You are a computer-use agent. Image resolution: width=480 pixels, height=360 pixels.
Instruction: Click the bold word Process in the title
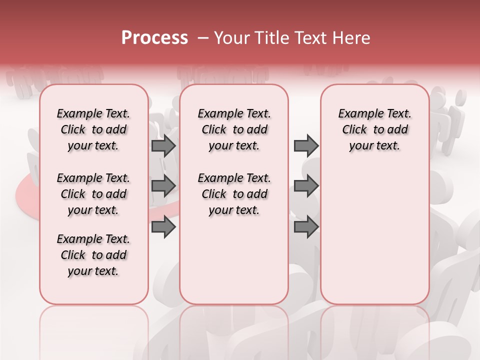(x=154, y=38)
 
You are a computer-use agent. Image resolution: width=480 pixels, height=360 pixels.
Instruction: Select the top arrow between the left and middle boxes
(x=163, y=145)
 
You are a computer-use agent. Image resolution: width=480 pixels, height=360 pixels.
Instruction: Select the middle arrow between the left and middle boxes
(x=163, y=186)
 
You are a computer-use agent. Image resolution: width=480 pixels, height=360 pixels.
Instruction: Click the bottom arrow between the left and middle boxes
(x=163, y=227)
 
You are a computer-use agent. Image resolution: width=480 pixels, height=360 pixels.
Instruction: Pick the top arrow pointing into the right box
(x=306, y=145)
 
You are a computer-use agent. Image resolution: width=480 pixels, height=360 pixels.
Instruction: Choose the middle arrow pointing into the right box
(x=306, y=186)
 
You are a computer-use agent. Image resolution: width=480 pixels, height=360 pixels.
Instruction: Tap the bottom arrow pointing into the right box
(x=306, y=227)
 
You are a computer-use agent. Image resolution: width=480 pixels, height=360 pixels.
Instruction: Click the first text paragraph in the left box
(x=93, y=129)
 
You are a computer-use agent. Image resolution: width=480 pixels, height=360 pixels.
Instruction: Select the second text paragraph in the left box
(x=93, y=194)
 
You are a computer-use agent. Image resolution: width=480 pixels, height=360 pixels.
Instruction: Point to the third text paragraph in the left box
(x=93, y=255)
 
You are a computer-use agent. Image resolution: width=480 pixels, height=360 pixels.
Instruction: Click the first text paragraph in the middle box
(x=234, y=129)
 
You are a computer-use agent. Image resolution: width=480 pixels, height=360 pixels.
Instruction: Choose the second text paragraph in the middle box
(x=234, y=194)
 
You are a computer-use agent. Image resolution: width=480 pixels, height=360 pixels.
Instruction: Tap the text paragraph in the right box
(x=374, y=129)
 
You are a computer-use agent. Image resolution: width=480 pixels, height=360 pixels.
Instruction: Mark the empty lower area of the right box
(x=374, y=230)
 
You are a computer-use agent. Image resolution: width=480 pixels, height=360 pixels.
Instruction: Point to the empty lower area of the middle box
(x=234, y=260)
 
